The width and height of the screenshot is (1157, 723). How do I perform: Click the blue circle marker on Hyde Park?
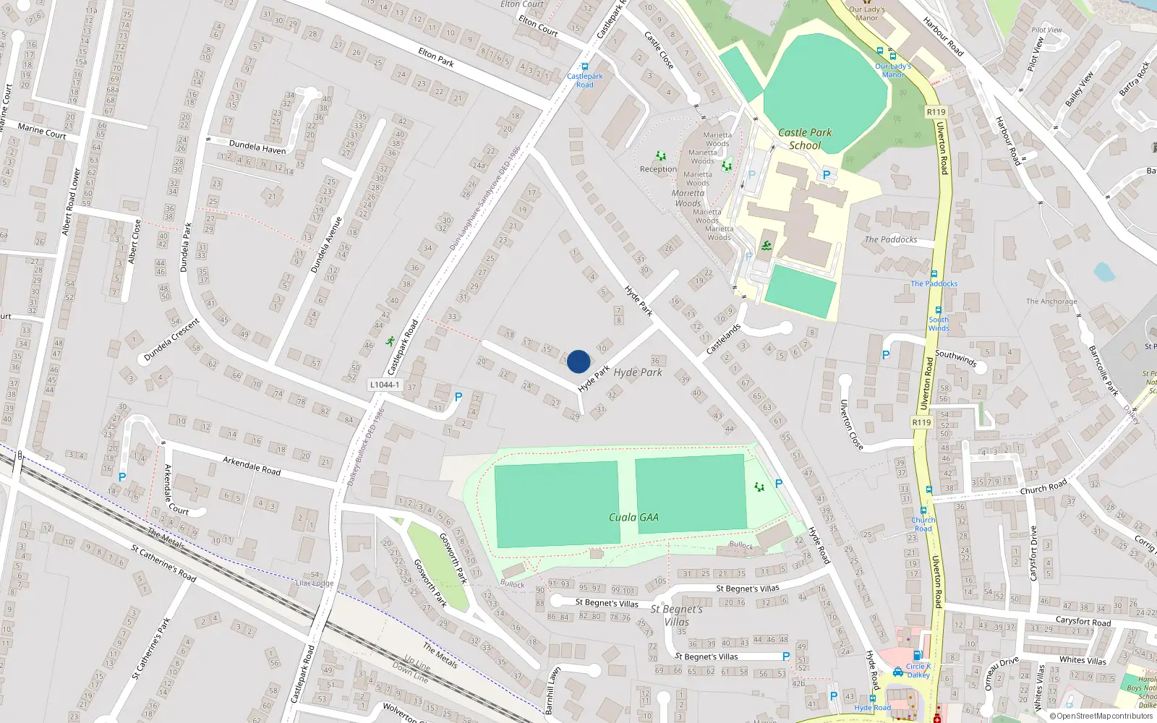click(x=578, y=361)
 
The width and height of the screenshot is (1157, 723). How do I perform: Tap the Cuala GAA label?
click(x=633, y=517)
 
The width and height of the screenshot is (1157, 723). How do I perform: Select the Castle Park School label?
click(x=805, y=139)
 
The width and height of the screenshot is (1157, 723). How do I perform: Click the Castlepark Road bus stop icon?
click(x=585, y=67)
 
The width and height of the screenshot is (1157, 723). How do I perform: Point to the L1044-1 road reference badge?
click(x=385, y=385)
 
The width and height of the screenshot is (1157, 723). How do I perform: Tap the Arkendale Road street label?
click(x=252, y=465)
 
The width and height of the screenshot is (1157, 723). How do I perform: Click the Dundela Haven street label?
click(x=257, y=147)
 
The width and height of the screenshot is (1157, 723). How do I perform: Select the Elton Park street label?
click(x=436, y=57)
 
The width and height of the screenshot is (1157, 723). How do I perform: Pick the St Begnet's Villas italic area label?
click(x=676, y=615)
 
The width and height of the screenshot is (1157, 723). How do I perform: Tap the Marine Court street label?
click(x=42, y=131)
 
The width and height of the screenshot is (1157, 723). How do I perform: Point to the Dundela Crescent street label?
click(x=171, y=340)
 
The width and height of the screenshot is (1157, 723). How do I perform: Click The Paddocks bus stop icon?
click(x=934, y=274)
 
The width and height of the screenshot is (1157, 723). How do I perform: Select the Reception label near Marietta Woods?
click(x=658, y=169)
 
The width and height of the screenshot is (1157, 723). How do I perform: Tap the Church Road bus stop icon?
click(x=923, y=510)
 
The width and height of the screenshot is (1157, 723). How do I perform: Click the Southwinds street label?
click(x=955, y=358)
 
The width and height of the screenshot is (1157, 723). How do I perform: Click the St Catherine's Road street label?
click(x=163, y=563)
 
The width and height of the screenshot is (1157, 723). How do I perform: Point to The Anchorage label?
click(x=1051, y=301)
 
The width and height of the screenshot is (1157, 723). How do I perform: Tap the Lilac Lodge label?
click(x=315, y=583)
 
